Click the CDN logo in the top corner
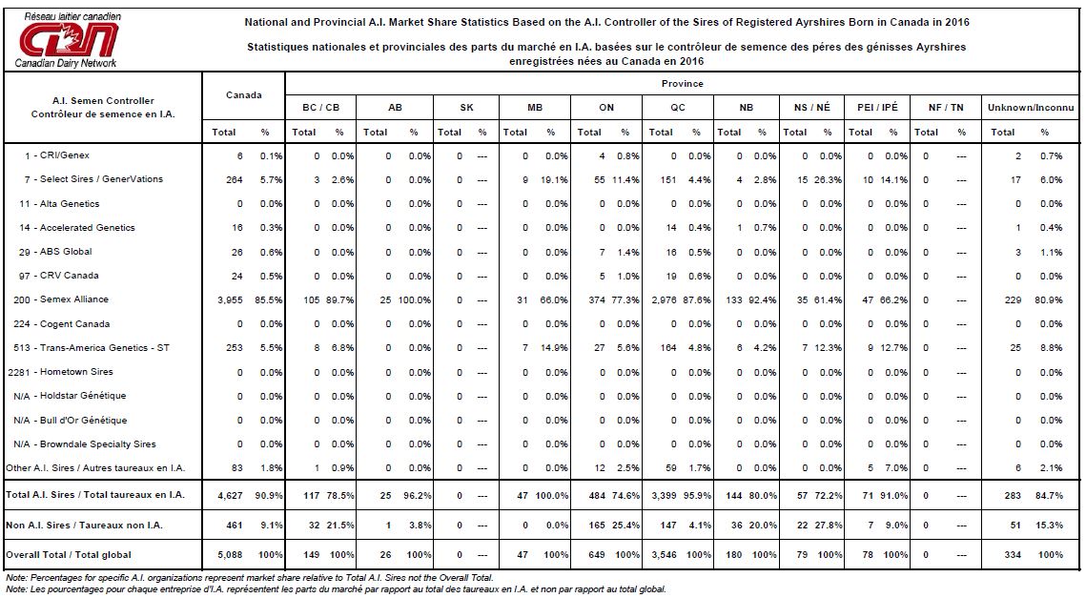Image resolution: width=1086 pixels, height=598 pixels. tap(68, 40)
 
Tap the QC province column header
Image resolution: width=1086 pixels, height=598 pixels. tap(677, 108)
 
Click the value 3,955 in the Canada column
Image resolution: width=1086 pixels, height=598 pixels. tap(230, 300)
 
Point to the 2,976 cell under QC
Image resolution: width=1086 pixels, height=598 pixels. tap(663, 300)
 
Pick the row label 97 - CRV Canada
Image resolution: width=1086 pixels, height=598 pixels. tap(59, 275)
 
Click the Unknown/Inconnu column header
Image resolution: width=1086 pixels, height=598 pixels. tap(1031, 108)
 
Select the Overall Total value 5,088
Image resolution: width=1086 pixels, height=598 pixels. tap(230, 555)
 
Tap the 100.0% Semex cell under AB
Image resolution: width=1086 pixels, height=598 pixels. tap(414, 300)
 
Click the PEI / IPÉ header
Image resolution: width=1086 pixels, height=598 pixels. tap(877, 108)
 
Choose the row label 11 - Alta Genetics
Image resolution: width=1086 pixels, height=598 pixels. tap(59, 204)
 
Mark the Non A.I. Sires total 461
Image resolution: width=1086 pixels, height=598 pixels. tap(235, 526)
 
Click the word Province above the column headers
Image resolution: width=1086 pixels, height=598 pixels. tap(683, 84)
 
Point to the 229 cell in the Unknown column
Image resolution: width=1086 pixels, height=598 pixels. tap(1014, 300)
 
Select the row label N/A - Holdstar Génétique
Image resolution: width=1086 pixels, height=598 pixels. tap(70, 396)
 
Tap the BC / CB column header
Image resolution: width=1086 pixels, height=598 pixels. tap(320, 108)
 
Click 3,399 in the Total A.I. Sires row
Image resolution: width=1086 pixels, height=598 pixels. tap(663, 495)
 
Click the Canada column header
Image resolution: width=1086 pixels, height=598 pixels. tap(244, 95)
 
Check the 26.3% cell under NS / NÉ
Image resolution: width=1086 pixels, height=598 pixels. tap(829, 180)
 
